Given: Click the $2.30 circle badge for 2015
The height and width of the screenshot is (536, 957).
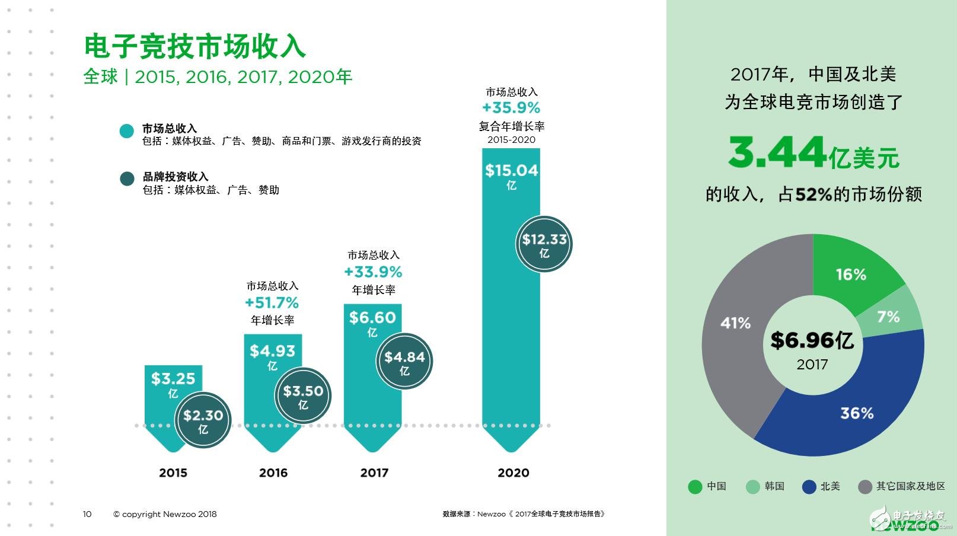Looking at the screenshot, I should coord(203,420).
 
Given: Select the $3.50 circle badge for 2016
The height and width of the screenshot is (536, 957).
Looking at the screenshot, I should coord(303,395).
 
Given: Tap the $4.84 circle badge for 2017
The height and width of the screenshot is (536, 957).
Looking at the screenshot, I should coord(404,361).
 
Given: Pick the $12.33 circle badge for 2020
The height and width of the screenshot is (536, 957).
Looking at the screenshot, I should coord(544,244).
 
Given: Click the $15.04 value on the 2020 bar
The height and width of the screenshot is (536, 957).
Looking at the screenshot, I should coord(511,171).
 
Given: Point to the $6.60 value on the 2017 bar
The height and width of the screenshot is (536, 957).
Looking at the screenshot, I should coord(372,318).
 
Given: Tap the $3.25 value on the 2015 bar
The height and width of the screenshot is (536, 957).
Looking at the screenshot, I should coord(173,379).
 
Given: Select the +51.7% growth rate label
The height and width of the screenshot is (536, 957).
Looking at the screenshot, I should coord(272,303).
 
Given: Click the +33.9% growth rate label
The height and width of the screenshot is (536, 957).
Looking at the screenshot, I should coord(373,272).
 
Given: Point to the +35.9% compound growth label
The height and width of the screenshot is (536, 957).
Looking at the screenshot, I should coord(511,108).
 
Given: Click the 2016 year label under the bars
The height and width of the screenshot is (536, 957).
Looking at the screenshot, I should coord(273,473).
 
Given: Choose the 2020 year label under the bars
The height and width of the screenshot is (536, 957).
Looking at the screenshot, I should coord(513,473).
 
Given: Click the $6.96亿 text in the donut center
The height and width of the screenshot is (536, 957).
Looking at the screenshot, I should coord(812,340).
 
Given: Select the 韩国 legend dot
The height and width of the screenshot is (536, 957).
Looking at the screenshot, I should coord(752,487).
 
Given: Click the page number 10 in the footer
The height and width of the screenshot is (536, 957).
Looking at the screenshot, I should coord(87,514).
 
